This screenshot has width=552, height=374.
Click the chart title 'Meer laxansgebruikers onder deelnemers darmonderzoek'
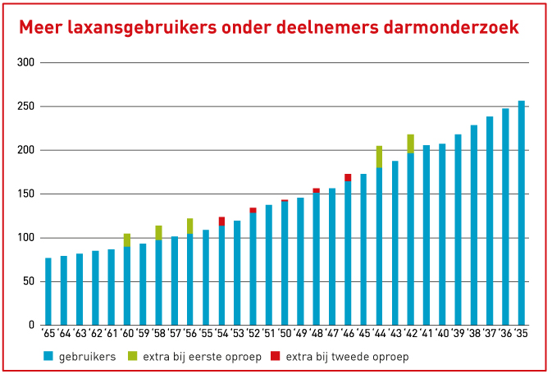(x=268, y=28)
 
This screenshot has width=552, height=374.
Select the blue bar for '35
(x=522, y=213)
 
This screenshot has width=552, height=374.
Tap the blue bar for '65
(x=48, y=291)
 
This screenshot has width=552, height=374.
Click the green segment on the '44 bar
(x=380, y=157)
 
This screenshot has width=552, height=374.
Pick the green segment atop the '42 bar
(x=411, y=144)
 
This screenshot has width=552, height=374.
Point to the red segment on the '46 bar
(x=348, y=177)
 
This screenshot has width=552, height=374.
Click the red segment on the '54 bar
(x=221, y=221)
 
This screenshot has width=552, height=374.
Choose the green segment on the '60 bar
(x=127, y=239)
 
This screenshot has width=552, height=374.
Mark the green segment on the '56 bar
(x=190, y=226)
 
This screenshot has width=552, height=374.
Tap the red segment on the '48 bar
(x=317, y=190)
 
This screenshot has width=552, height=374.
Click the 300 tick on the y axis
(x=25, y=63)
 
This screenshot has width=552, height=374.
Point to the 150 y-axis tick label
(x=25, y=194)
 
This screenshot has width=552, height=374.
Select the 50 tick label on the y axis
(x=28, y=282)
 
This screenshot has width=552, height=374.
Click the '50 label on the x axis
(x=284, y=335)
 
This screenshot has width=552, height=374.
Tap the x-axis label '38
(x=473, y=335)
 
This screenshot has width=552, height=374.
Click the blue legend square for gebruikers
(x=48, y=357)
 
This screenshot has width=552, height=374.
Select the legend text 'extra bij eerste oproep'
(x=194, y=357)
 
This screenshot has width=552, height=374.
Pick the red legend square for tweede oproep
(x=276, y=357)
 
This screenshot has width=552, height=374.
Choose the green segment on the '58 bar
(x=159, y=232)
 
